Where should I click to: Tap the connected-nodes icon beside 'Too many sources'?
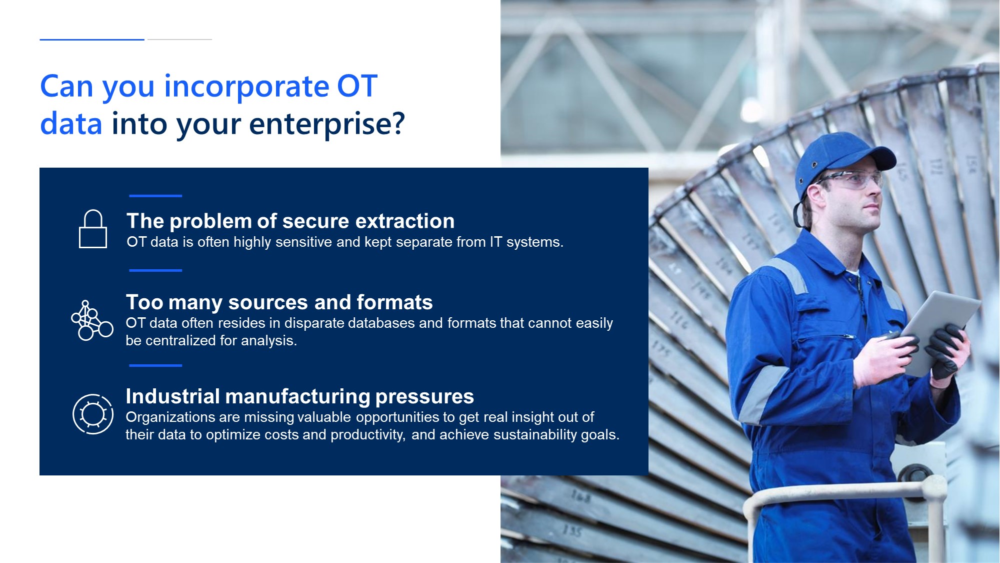tap(92, 320)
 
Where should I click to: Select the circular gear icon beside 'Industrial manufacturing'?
tap(93, 414)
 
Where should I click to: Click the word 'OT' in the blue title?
tap(357, 87)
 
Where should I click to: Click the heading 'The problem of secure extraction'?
tap(290, 221)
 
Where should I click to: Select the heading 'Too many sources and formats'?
tap(279, 302)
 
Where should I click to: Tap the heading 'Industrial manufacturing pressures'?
tap(299, 396)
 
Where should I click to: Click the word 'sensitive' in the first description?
tap(303, 242)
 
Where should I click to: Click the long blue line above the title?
tap(92, 40)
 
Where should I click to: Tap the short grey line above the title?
tap(179, 40)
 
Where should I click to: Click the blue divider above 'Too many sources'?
tap(155, 270)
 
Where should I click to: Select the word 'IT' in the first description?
tap(496, 242)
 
